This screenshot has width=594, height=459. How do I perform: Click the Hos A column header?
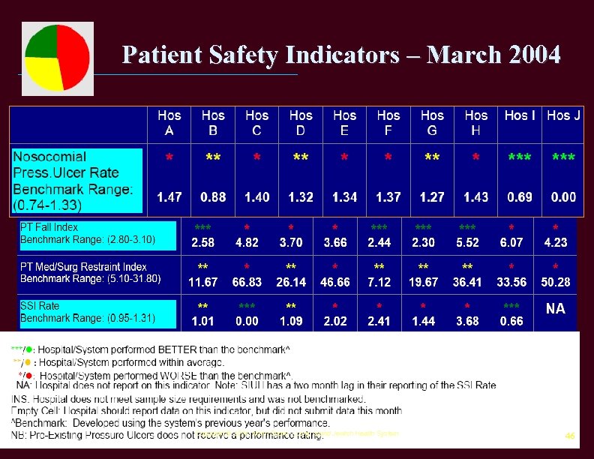169,123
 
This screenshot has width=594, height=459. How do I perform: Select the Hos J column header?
563,115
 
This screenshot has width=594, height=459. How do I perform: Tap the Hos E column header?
344,123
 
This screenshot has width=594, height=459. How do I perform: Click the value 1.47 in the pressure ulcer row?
169,197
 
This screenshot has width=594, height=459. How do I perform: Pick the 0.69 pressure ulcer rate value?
520,197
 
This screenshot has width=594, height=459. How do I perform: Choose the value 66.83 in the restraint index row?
247,283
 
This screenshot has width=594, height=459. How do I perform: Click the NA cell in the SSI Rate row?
555,308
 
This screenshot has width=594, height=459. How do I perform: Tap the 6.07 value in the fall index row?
511,243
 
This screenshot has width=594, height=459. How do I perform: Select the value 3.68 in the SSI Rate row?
467,322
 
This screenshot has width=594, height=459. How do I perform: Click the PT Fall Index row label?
49,227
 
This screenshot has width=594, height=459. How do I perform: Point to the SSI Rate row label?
40,306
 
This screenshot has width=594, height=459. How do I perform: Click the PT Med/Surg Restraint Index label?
83,267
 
